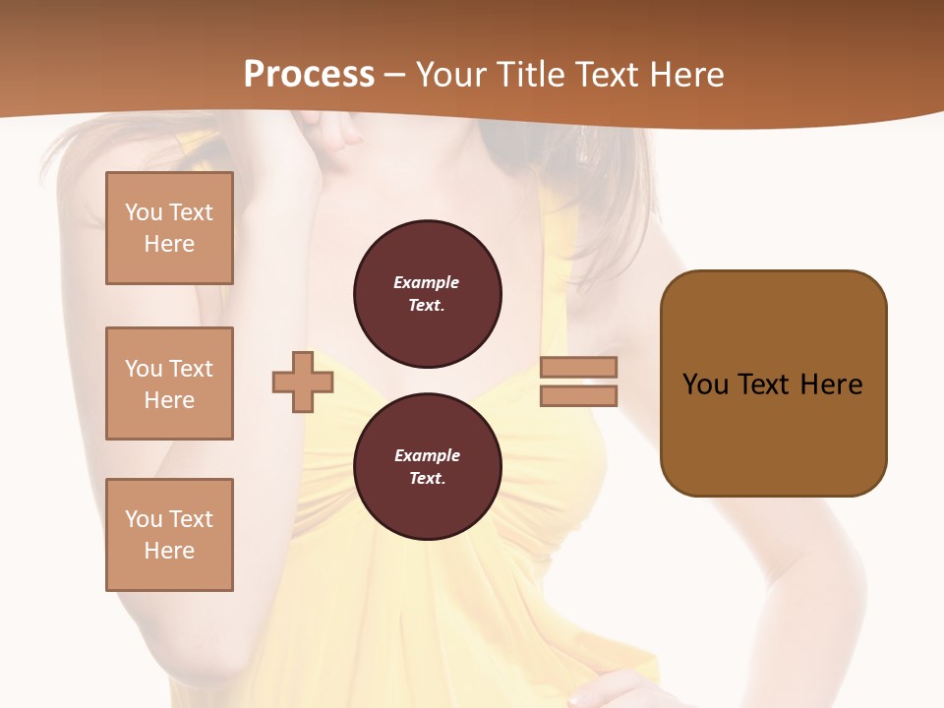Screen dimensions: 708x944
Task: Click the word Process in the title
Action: pyautogui.click(x=309, y=75)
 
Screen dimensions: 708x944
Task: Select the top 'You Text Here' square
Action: pyautogui.click(x=169, y=228)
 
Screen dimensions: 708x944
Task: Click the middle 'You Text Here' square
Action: pyautogui.click(x=169, y=383)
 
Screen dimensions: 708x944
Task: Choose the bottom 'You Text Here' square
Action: pyautogui.click(x=169, y=535)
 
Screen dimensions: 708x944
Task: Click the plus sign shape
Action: pyautogui.click(x=303, y=382)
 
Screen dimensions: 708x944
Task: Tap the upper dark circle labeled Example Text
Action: pyautogui.click(x=427, y=294)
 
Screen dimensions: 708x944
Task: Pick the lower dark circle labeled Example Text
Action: pyautogui.click(x=427, y=467)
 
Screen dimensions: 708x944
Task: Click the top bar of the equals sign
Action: pyautogui.click(x=578, y=367)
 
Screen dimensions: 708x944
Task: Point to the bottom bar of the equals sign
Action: pyautogui.click(x=578, y=395)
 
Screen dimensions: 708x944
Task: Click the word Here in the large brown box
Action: pyautogui.click(x=831, y=383)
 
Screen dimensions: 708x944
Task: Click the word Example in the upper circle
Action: pyautogui.click(x=427, y=282)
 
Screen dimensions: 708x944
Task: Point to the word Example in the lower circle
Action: pyautogui.click(x=427, y=455)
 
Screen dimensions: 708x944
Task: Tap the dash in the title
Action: pyautogui.click(x=395, y=75)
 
